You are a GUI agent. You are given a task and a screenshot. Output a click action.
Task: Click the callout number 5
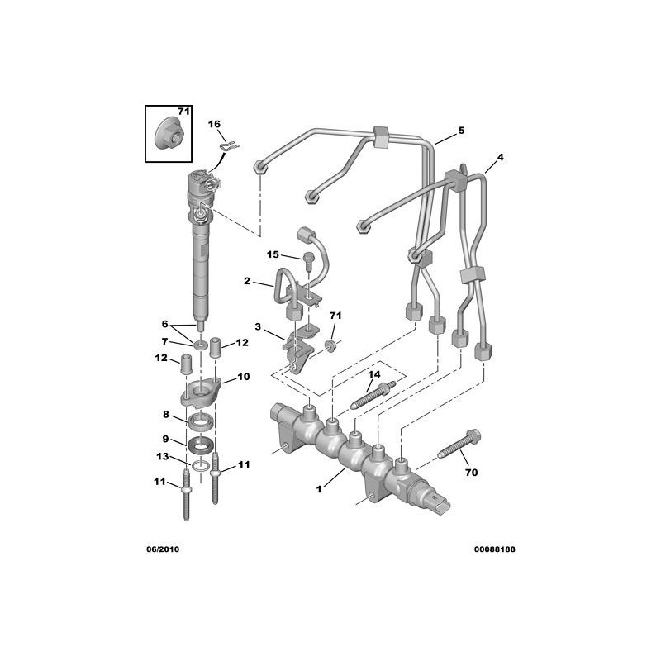coord(461,131)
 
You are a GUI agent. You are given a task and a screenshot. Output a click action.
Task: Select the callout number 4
coord(500,156)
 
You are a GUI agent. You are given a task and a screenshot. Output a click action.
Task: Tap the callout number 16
coord(214,124)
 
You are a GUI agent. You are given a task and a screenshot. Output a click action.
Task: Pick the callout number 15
coord(273,254)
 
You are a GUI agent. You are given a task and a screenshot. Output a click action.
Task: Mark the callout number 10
coord(243,377)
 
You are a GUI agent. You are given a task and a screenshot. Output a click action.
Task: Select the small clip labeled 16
coord(230,146)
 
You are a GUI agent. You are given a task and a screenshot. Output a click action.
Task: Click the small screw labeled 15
coord(307,262)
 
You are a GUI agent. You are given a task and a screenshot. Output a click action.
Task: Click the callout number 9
coord(165,439)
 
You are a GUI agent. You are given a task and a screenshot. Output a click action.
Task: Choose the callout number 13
coord(164,457)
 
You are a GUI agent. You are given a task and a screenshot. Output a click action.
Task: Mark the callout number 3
coord(258,328)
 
